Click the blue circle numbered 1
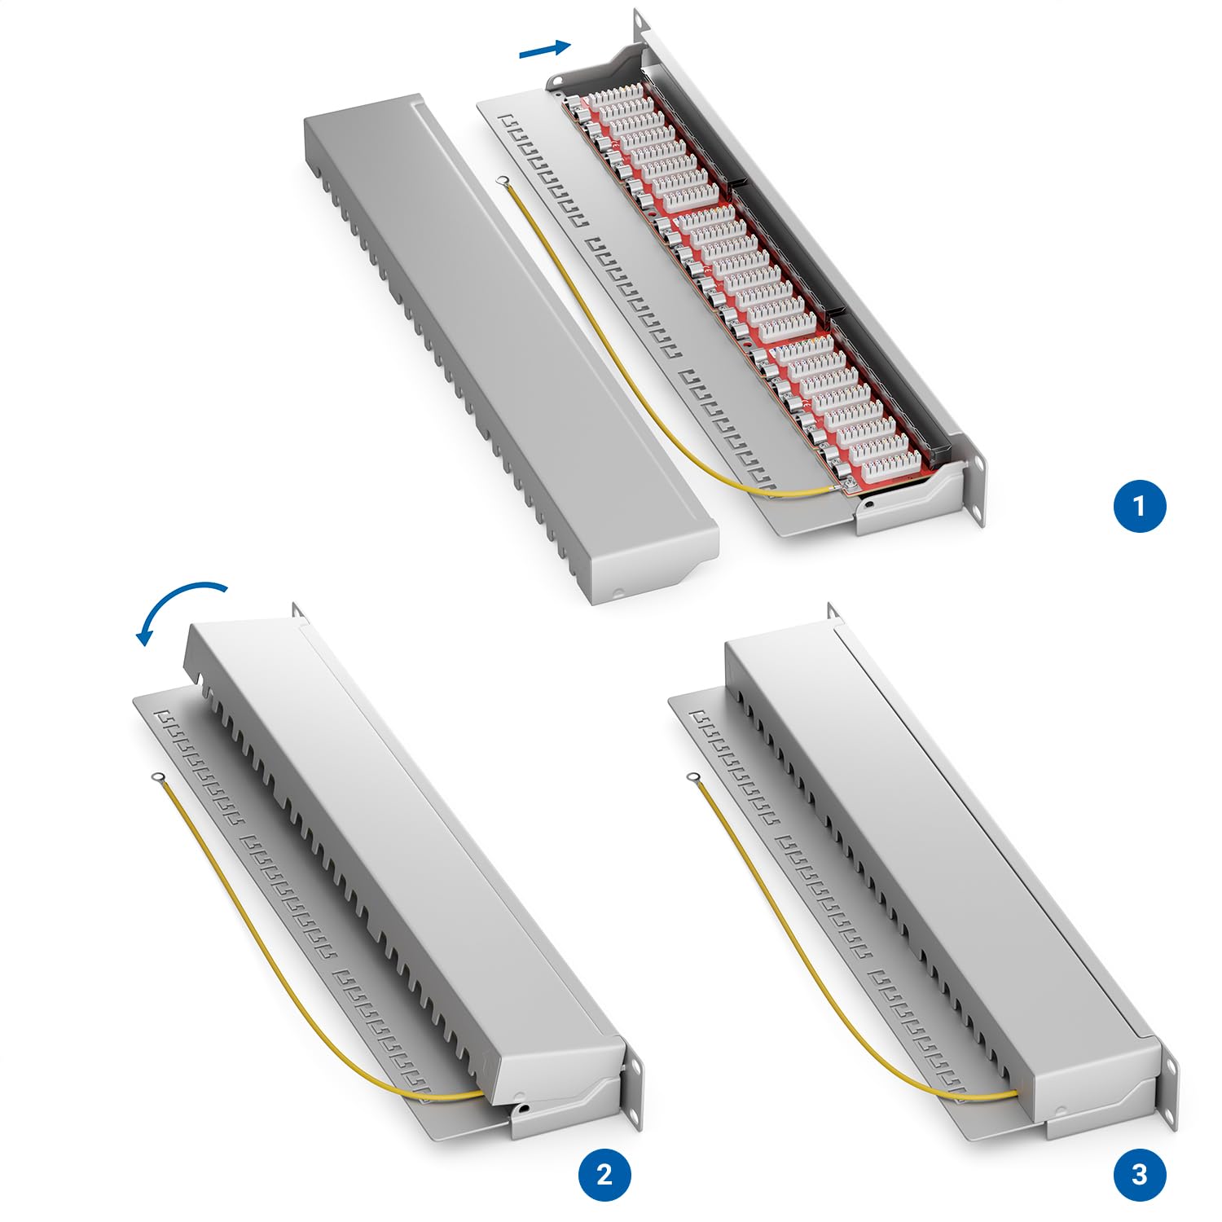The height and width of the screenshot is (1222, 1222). [1139, 506]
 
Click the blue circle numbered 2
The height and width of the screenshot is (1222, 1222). [604, 1174]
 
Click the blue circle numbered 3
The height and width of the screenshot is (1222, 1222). [1139, 1174]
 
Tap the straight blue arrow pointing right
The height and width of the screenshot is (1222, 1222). [544, 51]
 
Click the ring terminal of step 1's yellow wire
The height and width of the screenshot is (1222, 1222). [504, 180]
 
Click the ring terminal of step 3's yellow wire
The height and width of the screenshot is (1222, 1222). [693, 777]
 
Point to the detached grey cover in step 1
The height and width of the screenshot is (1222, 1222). [505, 342]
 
